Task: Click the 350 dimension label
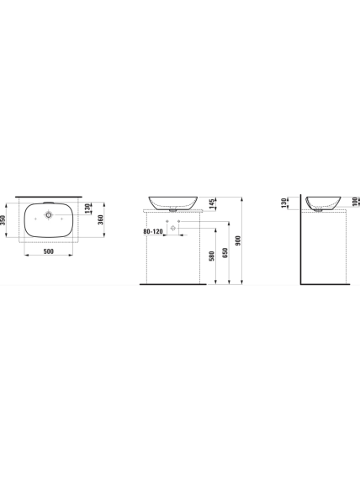pyautogui.click(x=3, y=219)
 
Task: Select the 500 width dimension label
pyautogui.click(x=49, y=251)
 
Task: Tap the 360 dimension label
pyautogui.click(x=100, y=219)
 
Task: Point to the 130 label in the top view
pyautogui.click(x=88, y=208)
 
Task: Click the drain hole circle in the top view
pyautogui.click(x=49, y=215)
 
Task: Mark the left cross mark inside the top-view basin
pyautogui.click(x=35, y=219)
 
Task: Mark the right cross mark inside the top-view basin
pyautogui.click(x=61, y=219)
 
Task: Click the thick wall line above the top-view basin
pyautogui.click(x=49, y=197)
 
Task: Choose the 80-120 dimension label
pyautogui.click(x=153, y=231)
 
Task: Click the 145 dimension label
pyautogui.click(x=212, y=203)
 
